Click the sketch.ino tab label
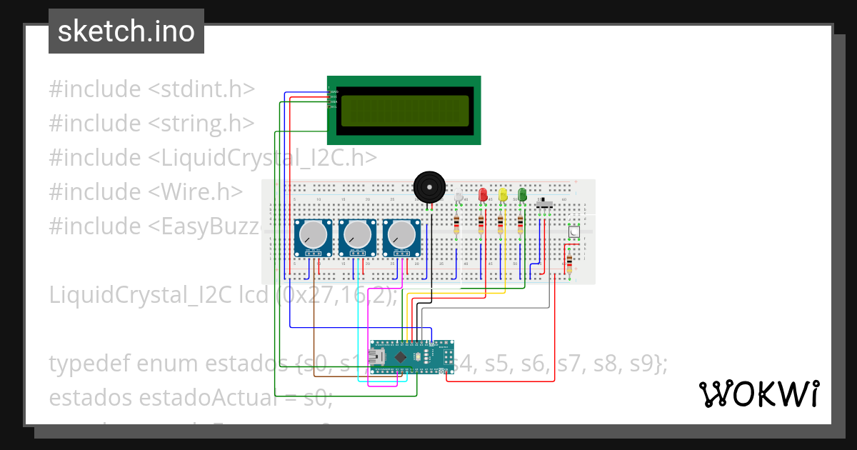coord(126,31)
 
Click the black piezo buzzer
coord(428,187)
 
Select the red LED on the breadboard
coord(483,194)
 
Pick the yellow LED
coord(503,194)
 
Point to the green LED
coord(522,194)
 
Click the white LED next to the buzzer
coord(459,198)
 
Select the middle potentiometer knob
coord(357,234)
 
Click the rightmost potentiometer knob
coord(401,234)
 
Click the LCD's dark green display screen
coord(404,110)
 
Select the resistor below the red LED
coord(481,225)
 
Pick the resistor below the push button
coord(569,264)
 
